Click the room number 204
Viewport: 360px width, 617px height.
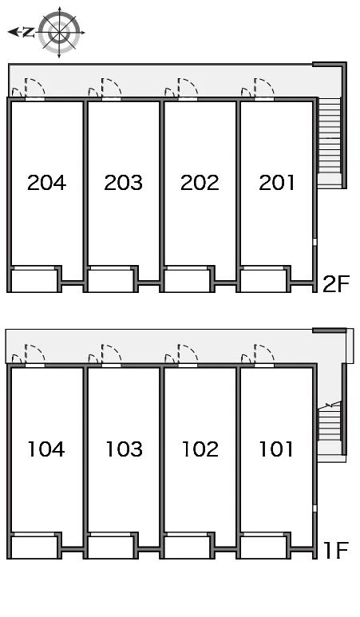click(x=46, y=183)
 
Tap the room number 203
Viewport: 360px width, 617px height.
click(x=123, y=183)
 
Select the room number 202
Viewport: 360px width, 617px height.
click(x=200, y=183)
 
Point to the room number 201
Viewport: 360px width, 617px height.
click(x=277, y=183)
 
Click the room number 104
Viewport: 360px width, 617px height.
click(x=46, y=449)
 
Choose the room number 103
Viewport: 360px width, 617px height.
click(x=124, y=449)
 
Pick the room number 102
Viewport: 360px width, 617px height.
click(x=200, y=449)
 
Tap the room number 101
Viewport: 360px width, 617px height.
click(x=276, y=449)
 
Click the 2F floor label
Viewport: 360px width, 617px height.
click(x=336, y=283)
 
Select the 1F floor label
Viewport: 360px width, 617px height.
click(x=336, y=550)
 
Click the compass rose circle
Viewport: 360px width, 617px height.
click(x=59, y=32)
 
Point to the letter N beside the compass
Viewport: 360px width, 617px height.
click(x=28, y=32)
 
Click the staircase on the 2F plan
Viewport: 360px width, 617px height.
click(x=330, y=140)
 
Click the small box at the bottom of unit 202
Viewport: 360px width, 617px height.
click(x=187, y=280)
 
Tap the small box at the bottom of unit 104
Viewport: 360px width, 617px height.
click(x=34, y=547)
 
